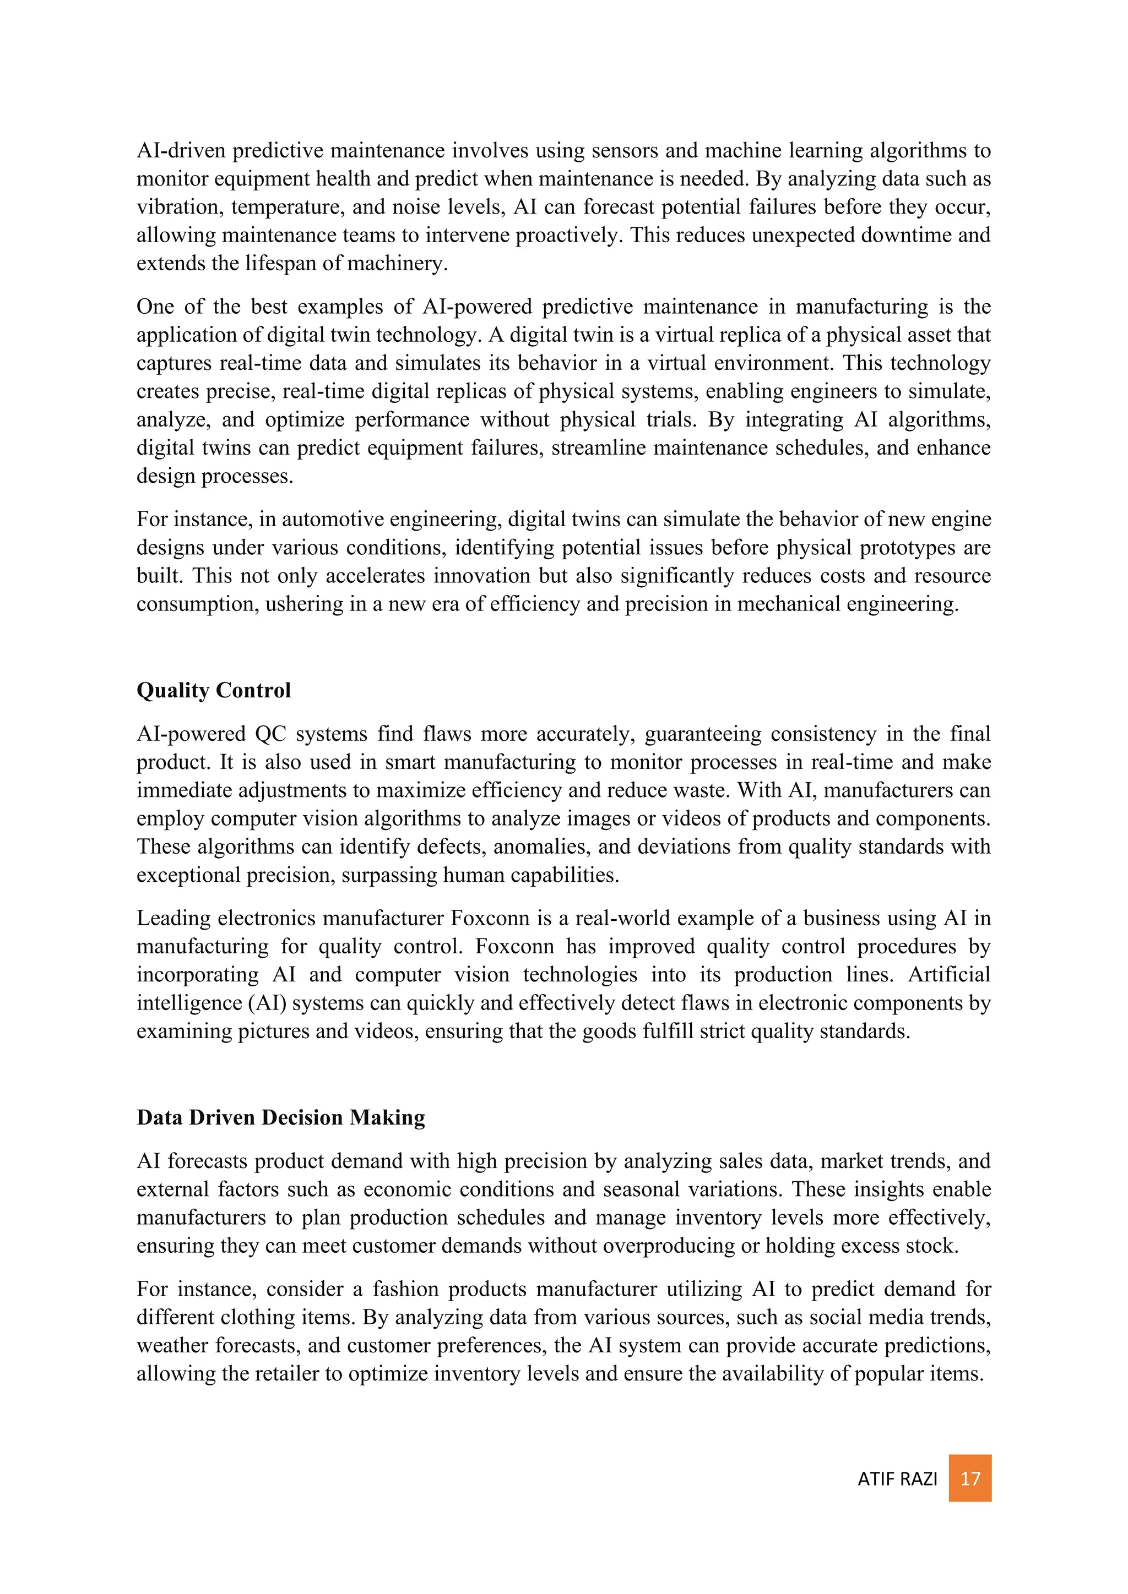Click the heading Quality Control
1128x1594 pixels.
(213, 690)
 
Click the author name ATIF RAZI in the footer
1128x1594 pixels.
(897, 1479)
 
